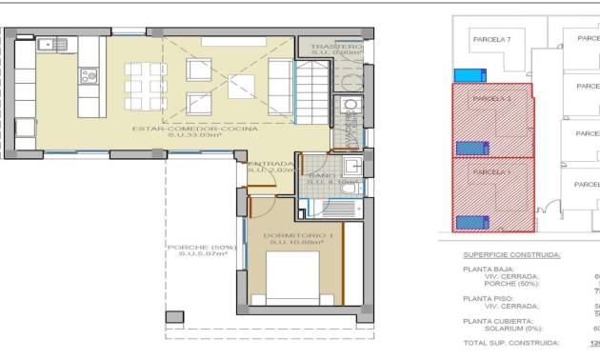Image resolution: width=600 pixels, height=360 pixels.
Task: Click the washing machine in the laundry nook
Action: pyautogui.click(x=349, y=106)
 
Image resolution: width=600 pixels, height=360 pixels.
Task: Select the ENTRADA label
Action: pyautogui.click(x=270, y=164)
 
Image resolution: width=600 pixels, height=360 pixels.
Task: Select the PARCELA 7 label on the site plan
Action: pyautogui.click(x=492, y=40)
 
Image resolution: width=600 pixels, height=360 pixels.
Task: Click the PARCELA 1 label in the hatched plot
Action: pyautogui.click(x=492, y=171)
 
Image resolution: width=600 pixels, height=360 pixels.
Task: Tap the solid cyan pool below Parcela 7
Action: pyautogui.click(x=467, y=75)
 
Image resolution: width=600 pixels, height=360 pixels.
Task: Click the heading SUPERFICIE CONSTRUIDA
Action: pyautogui.click(x=511, y=255)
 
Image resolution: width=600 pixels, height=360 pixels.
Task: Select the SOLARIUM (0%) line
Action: pyautogui.click(x=512, y=329)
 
